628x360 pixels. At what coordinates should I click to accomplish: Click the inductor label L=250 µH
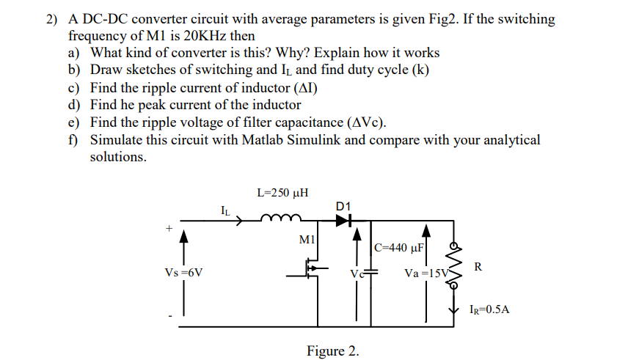click(282, 194)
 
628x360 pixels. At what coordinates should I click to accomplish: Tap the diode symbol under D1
click(343, 218)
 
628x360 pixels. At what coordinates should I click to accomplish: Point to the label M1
click(307, 238)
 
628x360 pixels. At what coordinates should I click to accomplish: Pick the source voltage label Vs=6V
click(184, 273)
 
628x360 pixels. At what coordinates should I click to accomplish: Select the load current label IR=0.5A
click(489, 309)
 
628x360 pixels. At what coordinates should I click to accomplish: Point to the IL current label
click(225, 211)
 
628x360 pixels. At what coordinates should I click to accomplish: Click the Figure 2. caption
click(332, 350)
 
